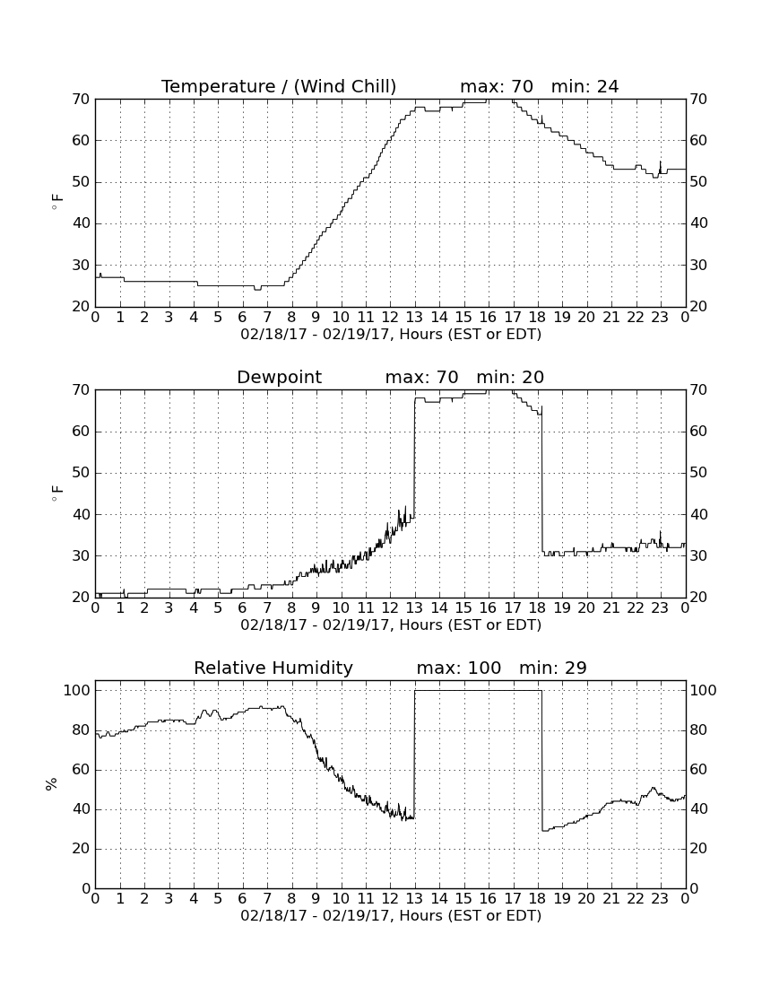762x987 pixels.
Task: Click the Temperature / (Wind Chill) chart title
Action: point(279,86)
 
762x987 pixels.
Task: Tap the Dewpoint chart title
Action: point(279,377)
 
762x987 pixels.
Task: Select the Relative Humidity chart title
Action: point(273,668)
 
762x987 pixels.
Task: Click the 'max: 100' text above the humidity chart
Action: point(459,668)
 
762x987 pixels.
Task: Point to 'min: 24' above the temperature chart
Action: point(584,86)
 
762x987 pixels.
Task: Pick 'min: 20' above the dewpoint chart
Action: point(510,377)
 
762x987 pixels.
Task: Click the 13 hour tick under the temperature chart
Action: point(414,317)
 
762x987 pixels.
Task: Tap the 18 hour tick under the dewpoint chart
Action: point(538,607)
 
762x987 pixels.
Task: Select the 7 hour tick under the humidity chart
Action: point(267,898)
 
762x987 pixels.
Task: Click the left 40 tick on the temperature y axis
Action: point(82,223)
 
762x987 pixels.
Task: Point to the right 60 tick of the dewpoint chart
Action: point(698,432)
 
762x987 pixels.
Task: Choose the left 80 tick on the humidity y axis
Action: point(82,730)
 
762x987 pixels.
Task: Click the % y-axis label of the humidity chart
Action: point(52,783)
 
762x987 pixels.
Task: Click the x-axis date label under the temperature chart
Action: point(391,335)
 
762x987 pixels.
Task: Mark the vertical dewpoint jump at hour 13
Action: point(414,458)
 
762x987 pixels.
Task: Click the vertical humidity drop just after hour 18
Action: point(542,760)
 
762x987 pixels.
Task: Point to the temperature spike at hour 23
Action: point(660,167)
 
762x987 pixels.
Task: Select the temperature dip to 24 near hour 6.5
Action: point(257,289)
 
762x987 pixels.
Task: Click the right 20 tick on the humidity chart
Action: point(698,849)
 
